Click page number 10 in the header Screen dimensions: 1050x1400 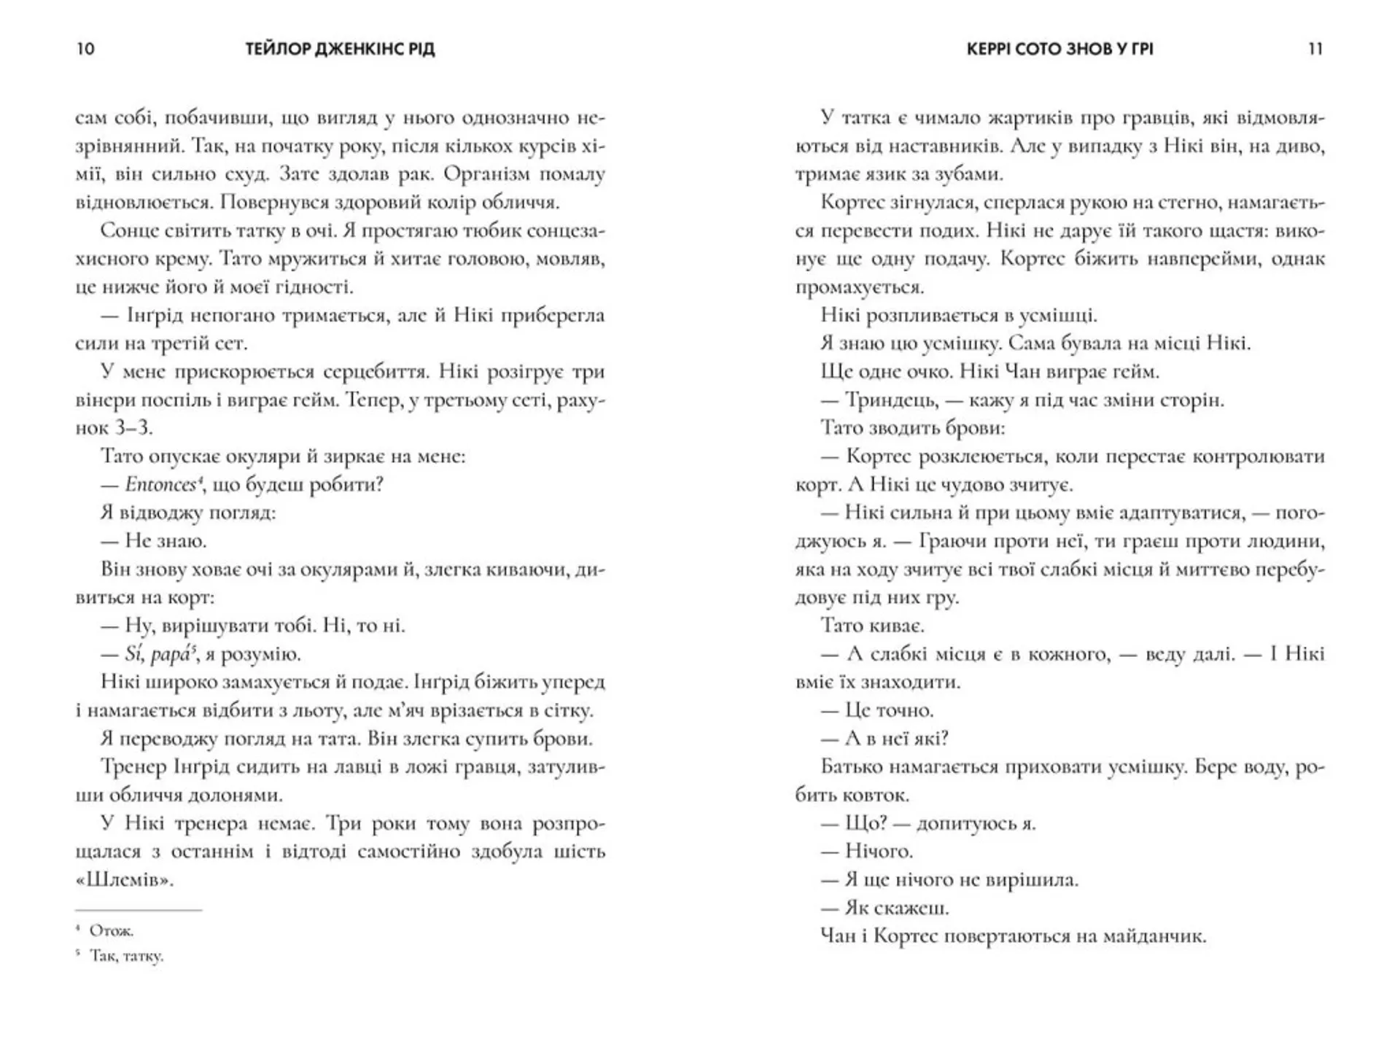[x=85, y=49]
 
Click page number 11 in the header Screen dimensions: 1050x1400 [x=1315, y=49]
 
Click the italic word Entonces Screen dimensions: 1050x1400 [x=160, y=484]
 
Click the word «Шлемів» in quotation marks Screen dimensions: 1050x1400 [x=125, y=880]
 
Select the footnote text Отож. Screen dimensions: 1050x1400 [x=112, y=930]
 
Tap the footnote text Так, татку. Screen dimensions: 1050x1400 [x=126, y=956]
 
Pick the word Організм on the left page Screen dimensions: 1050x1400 [x=497, y=174]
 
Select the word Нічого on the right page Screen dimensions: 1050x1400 [x=879, y=851]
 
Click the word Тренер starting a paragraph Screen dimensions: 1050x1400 [x=135, y=767]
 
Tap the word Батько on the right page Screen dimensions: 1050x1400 [x=853, y=767]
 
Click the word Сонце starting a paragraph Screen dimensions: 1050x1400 [x=131, y=230]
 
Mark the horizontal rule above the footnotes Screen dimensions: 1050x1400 [x=139, y=910]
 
